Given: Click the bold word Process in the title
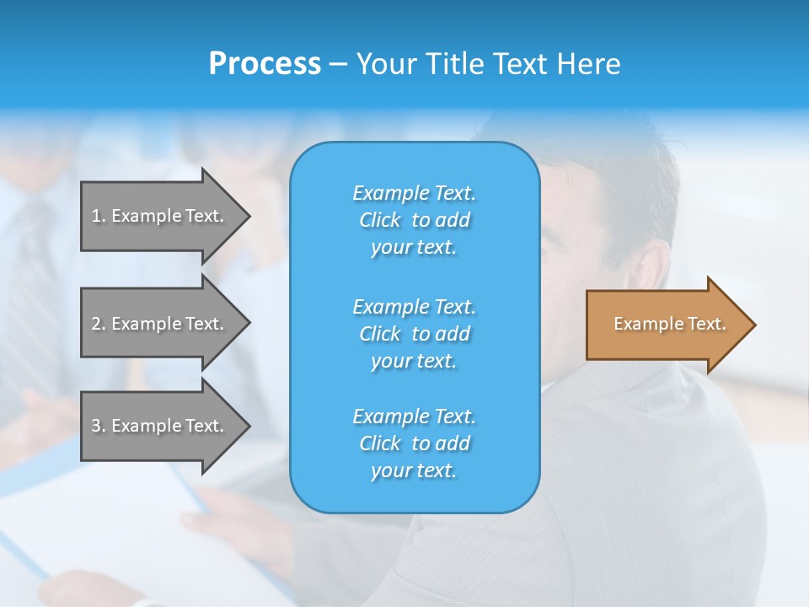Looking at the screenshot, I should (x=265, y=63).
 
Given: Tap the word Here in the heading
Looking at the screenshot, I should (x=588, y=63).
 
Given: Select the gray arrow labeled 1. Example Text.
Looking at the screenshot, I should (x=160, y=216).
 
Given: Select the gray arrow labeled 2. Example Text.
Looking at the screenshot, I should (x=160, y=324).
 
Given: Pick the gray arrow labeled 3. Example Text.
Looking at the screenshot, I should (x=160, y=426).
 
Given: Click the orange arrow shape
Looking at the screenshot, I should (x=666, y=325).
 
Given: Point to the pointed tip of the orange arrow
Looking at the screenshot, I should (x=753, y=325).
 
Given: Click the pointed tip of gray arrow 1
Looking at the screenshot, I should (x=247, y=216).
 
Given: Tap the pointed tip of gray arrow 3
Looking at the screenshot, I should (x=247, y=426).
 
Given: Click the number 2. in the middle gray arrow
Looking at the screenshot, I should (x=98, y=324).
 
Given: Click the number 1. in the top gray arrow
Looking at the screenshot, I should (x=98, y=216).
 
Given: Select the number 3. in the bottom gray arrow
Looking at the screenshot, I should (x=98, y=426).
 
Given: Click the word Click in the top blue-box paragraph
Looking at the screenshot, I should (x=380, y=220).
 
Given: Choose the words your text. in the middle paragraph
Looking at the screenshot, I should (x=414, y=361).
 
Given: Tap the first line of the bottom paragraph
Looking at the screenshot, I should (x=414, y=416).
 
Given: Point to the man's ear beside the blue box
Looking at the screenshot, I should (x=653, y=270).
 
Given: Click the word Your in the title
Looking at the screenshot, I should (x=383, y=63).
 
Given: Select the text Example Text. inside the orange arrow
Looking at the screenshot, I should (x=669, y=324).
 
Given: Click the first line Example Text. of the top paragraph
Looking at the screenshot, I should (x=414, y=193).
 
